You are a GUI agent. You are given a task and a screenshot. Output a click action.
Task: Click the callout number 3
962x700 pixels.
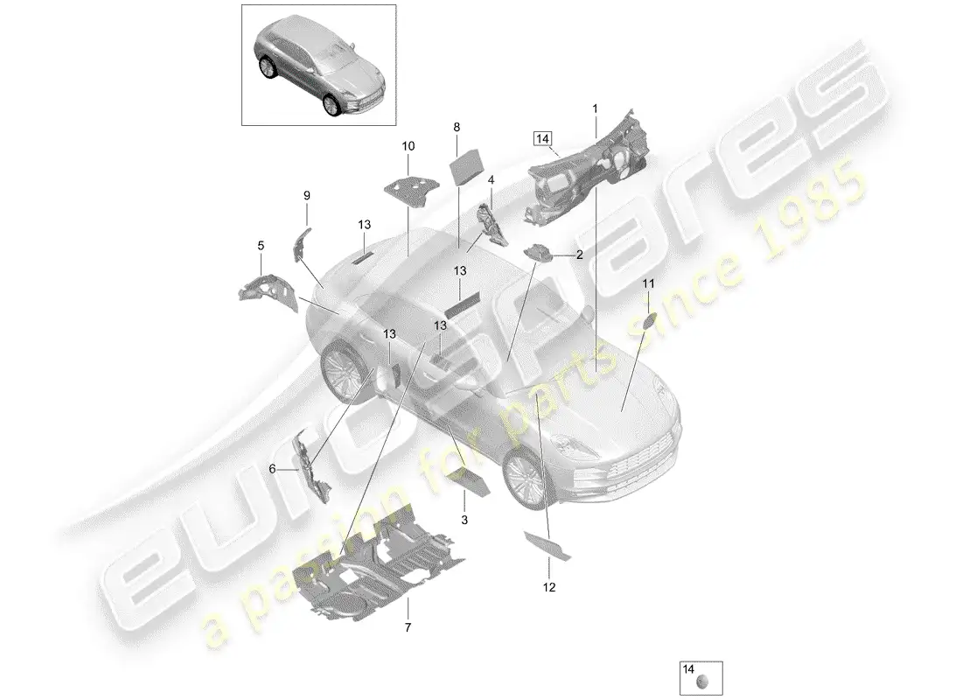(464, 520)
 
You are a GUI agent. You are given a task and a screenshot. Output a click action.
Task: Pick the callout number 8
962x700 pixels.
(457, 127)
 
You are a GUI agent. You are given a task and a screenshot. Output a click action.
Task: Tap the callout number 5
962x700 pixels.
(260, 246)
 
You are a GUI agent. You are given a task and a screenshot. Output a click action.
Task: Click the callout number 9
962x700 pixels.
(306, 196)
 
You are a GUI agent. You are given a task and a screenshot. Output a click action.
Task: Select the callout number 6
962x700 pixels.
(272, 469)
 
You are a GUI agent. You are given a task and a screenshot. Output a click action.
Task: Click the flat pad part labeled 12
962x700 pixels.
(548, 543)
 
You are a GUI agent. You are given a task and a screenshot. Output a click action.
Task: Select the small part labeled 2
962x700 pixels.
(539, 252)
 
